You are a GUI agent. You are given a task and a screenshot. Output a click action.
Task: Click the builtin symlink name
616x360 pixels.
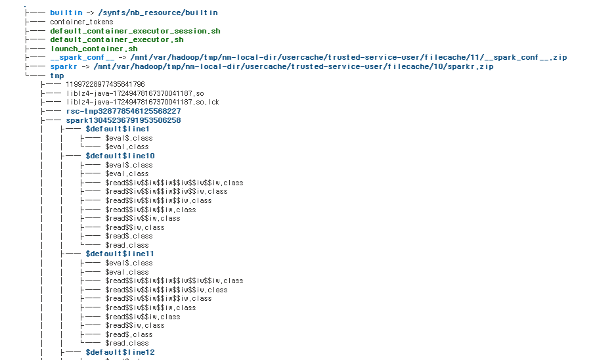(66, 12)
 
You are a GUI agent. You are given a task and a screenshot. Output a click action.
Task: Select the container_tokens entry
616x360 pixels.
(81, 22)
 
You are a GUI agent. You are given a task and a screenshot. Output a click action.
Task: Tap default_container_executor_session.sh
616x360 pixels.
(135, 31)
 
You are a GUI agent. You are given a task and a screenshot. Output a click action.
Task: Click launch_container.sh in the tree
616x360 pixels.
(94, 49)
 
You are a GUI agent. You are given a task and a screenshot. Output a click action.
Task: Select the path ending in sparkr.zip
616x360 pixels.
(293, 66)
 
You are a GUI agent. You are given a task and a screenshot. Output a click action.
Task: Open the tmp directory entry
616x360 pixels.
(57, 76)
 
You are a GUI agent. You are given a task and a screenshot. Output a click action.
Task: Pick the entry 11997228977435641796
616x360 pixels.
(105, 85)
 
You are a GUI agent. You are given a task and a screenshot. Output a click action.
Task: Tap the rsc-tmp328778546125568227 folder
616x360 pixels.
(123, 112)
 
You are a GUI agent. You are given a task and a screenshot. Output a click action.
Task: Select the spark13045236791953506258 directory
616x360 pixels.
(123, 120)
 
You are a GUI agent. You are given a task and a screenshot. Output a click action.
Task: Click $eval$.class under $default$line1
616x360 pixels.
(129, 138)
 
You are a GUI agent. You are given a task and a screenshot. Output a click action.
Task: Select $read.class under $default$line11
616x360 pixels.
(127, 343)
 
